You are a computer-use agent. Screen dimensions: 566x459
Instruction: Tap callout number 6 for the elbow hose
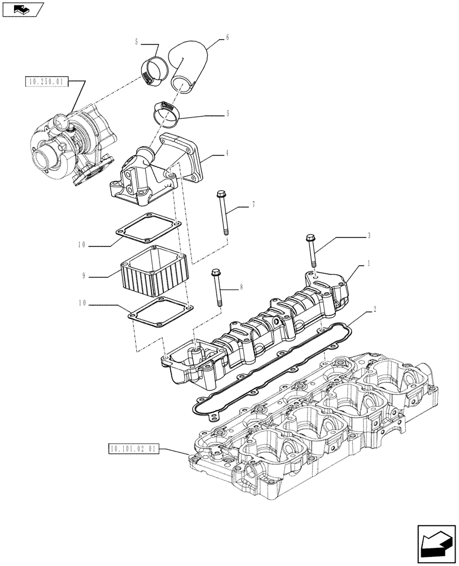pyautogui.click(x=227, y=37)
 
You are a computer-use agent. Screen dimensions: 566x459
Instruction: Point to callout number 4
pyautogui.click(x=228, y=152)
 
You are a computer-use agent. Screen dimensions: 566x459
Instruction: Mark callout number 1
pyautogui.click(x=369, y=264)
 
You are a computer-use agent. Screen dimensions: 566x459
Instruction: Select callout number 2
pyautogui.click(x=374, y=310)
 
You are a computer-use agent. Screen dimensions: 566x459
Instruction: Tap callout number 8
pyautogui.click(x=241, y=288)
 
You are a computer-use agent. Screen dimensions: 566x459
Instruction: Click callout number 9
pyautogui.click(x=83, y=276)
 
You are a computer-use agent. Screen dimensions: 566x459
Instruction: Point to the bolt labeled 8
pyautogui.click(x=217, y=289)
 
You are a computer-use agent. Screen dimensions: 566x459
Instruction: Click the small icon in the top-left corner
pyautogui.click(x=23, y=9)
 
